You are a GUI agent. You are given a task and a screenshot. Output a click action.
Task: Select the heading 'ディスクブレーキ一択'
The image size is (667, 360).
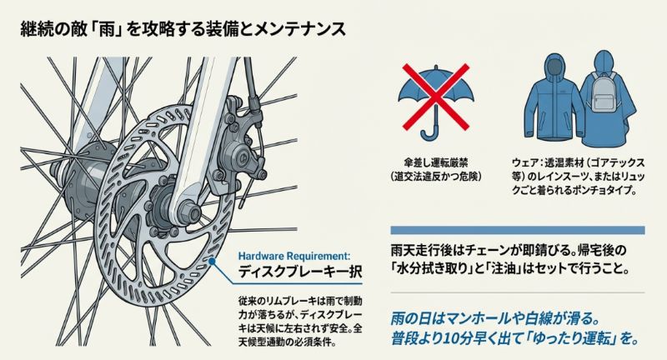(298, 273)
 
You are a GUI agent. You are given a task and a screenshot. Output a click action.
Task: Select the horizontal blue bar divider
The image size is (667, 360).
(517, 229)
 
